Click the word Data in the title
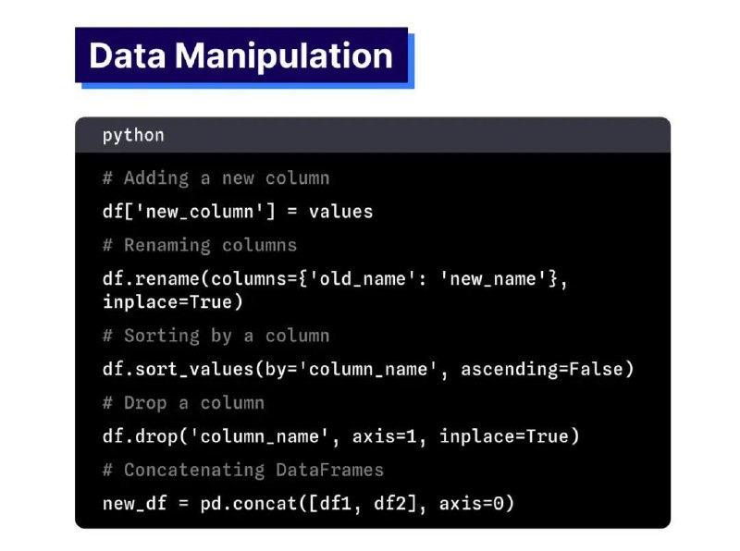(128, 55)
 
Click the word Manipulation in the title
(284, 56)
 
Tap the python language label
(133, 135)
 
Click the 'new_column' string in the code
(200, 212)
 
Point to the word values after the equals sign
(340, 212)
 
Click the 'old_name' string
(363, 279)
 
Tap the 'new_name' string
(493, 279)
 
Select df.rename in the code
(151, 279)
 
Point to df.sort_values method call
(179, 369)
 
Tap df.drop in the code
(141, 436)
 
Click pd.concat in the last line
(249, 503)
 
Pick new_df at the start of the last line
(134, 504)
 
